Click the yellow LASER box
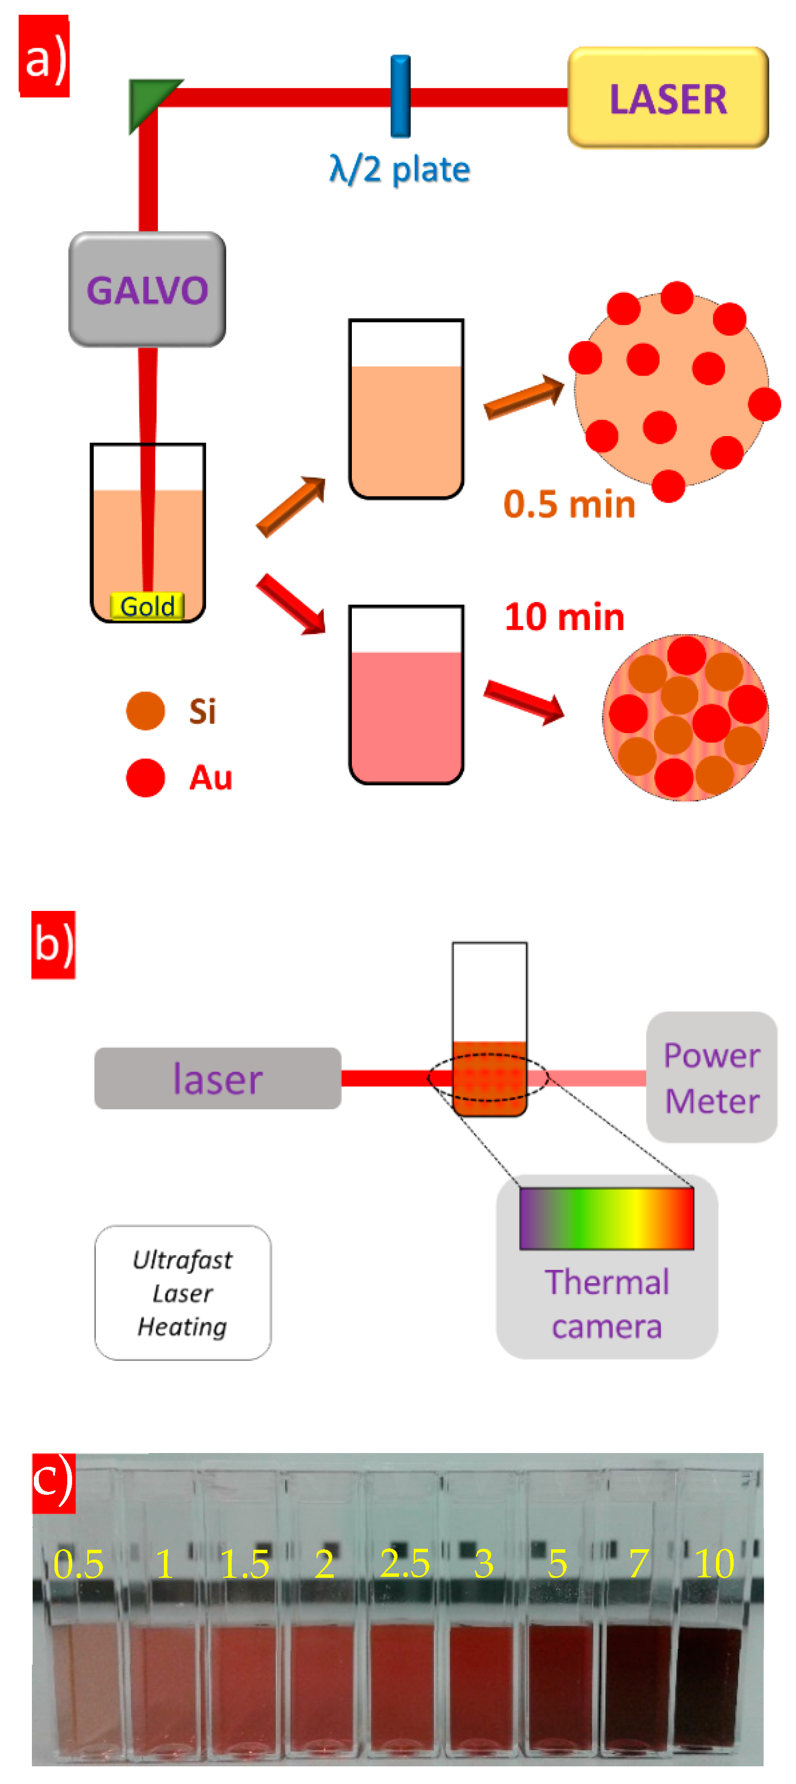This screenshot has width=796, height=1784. [667, 98]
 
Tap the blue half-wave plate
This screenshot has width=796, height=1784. [400, 96]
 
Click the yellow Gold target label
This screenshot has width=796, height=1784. [147, 606]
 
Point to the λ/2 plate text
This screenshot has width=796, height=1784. [400, 170]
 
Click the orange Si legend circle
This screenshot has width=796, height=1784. [145, 711]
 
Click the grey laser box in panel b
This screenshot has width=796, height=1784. [217, 1078]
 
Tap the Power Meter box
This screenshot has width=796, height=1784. [711, 1077]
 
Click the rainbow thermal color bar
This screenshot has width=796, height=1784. [607, 1218]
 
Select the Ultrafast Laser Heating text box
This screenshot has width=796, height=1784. [183, 1292]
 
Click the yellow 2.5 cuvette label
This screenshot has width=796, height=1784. [405, 1564]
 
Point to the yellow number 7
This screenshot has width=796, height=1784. [638, 1564]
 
